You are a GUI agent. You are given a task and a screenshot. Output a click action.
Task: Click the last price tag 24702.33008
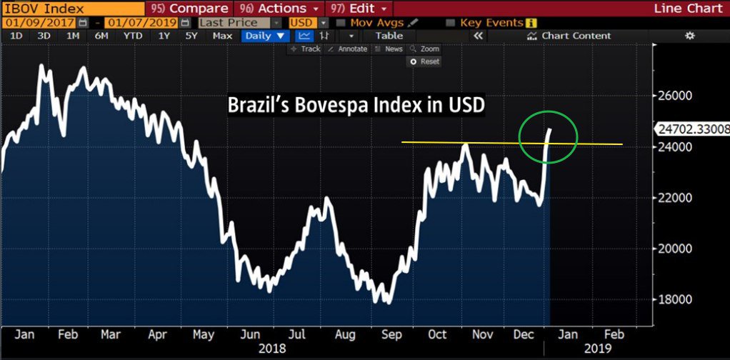tap(691, 129)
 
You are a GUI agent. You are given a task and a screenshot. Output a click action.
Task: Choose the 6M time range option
tap(101, 36)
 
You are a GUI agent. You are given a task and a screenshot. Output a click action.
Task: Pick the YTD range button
tap(133, 36)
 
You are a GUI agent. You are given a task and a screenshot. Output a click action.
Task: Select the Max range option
tap(222, 36)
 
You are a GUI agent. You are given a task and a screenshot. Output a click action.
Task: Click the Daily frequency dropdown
tap(265, 36)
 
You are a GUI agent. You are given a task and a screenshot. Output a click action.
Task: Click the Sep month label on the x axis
tap(391, 334)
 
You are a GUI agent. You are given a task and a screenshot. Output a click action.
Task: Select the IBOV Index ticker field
tap(43, 9)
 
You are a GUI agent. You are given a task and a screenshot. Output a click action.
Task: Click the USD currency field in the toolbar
tap(302, 23)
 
